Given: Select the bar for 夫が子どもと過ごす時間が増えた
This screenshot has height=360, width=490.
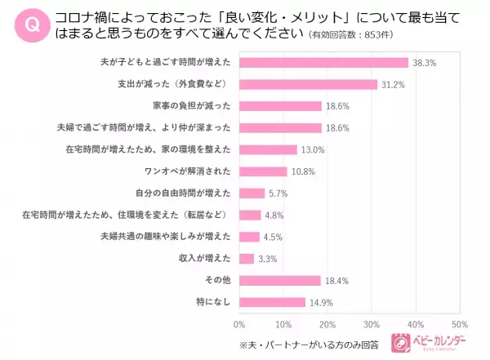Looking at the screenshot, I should click(323, 62).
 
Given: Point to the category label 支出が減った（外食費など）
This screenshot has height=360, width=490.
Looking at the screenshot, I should click(175, 84).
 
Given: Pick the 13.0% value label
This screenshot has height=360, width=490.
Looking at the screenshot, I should click(314, 149).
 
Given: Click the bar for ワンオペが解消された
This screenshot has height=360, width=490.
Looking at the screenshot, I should click(263, 171).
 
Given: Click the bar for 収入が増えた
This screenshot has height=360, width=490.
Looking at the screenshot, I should click(247, 259).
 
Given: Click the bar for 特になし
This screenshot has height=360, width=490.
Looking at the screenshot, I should click(273, 302).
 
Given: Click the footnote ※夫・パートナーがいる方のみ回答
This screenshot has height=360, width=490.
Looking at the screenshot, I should click(309, 343).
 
